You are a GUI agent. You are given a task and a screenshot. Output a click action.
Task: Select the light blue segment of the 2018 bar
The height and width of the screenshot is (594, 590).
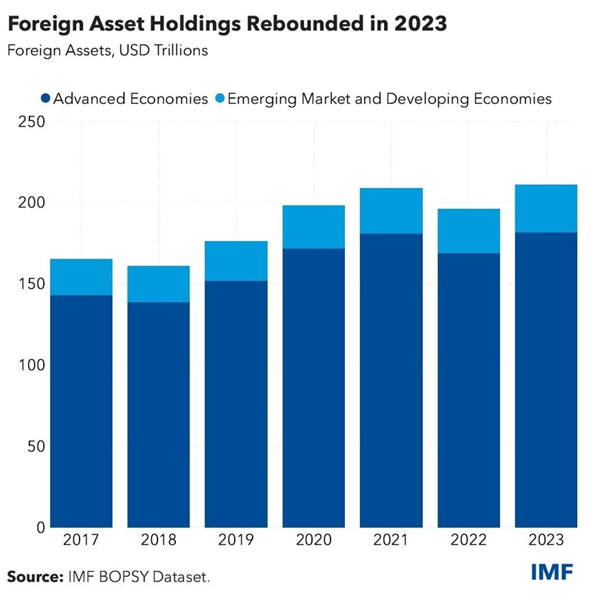point(158,283)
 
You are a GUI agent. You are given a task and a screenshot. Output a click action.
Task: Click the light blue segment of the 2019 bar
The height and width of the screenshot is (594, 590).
point(236,261)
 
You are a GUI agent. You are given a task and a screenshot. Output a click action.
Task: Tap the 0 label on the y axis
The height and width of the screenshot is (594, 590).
point(39,528)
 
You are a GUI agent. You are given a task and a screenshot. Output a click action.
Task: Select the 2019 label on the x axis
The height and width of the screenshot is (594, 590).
point(236,541)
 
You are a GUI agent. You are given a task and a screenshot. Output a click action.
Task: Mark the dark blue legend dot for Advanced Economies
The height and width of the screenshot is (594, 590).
point(45,99)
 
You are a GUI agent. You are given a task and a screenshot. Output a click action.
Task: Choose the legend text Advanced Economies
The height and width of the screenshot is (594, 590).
point(130,99)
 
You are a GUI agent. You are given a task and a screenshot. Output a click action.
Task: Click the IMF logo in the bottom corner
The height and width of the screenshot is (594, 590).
point(552,572)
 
